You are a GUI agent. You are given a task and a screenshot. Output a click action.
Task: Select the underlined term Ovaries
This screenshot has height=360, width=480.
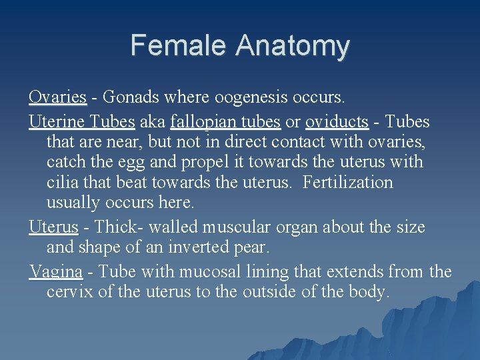(x=57, y=97)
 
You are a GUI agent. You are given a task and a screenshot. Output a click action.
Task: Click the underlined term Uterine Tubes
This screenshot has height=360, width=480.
(x=82, y=122)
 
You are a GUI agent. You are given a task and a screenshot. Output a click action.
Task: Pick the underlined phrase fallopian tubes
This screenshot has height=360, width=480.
(x=225, y=122)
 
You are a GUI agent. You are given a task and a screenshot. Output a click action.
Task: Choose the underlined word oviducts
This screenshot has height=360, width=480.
(x=337, y=122)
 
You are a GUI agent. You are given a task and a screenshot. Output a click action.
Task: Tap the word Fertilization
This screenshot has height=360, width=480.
(x=347, y=182)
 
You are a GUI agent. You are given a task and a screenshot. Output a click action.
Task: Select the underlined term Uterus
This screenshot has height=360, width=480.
(x=53, y=227)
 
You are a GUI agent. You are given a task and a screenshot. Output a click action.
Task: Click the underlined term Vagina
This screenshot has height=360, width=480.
(x=55, y=272)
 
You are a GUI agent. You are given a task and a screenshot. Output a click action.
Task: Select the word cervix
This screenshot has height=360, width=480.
(x=69, y=292)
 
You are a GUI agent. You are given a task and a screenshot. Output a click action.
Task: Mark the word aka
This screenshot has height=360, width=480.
(x=153, y=122)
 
